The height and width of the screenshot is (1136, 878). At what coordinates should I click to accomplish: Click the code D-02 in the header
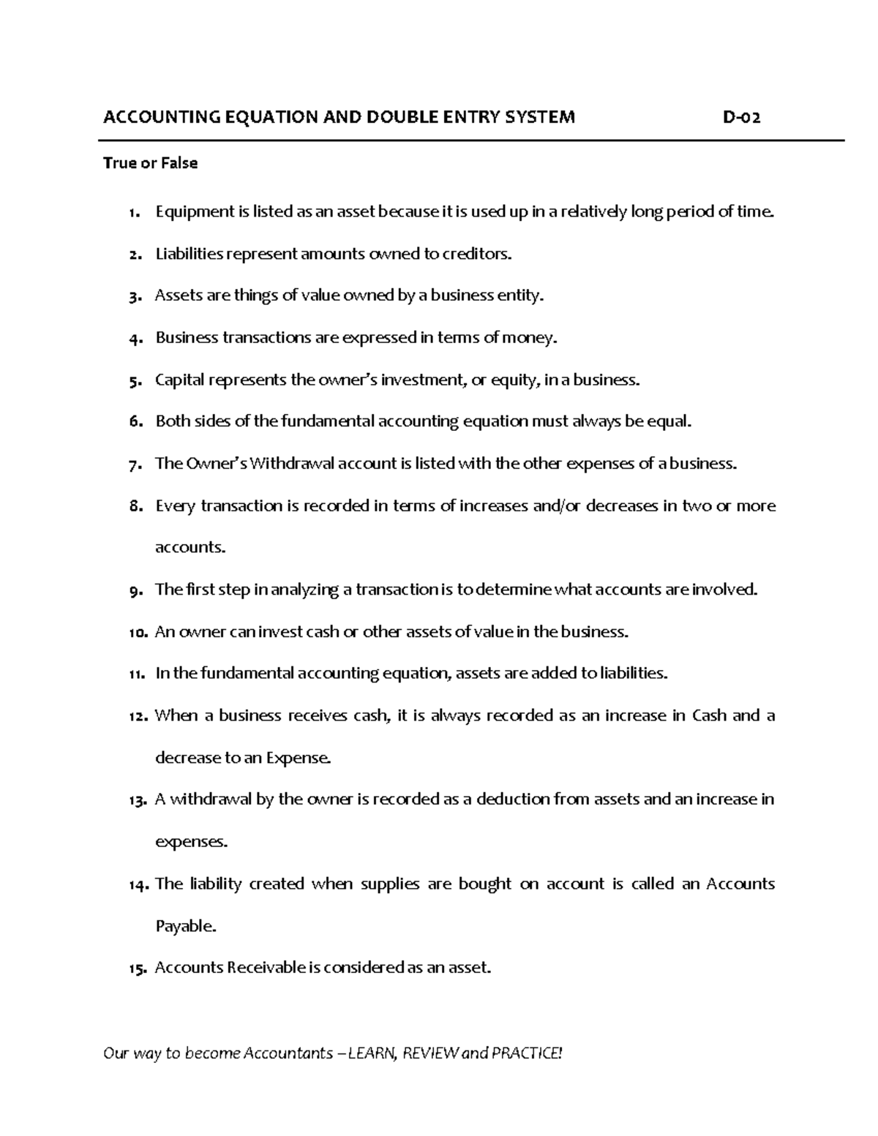point(740,117)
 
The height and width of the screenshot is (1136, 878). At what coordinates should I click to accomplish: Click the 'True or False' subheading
point(150,163)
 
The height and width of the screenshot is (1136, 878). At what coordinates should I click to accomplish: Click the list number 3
point(132,297)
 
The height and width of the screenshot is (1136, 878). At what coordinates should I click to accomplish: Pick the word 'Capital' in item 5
point(179,380)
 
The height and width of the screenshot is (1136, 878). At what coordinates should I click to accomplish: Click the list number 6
point(132,422)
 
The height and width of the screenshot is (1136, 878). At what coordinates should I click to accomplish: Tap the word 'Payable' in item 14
point(185,927)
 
